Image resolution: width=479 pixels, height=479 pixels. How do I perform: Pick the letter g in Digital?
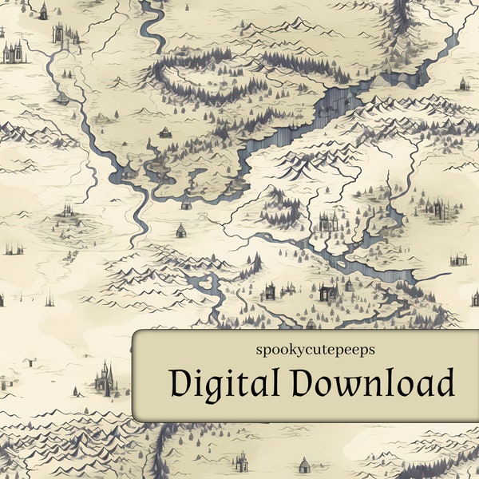click(x=200, y=388)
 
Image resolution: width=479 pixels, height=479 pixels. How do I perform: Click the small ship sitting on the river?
click(x=61, y=98)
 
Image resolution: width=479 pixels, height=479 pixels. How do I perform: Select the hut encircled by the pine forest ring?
click(x=165, y=132)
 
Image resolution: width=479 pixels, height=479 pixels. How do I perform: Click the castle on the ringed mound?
click(x=67, y=212)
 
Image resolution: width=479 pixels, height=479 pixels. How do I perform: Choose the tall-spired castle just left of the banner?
click(x=104, y=377)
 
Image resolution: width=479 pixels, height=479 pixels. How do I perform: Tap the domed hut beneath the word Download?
click(x=303, y=464)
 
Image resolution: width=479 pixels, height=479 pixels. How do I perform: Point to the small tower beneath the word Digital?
click(x=240, y=461)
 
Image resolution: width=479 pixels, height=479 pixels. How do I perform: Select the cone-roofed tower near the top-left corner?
click(x=43, y=11)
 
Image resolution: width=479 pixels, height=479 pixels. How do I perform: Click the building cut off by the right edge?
click(x=475, y=299)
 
